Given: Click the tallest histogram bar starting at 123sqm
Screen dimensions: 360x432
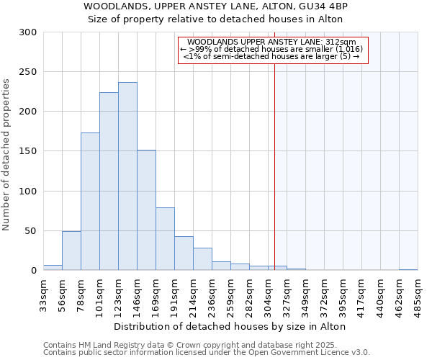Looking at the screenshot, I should pyautogui.click(x=127, y=176).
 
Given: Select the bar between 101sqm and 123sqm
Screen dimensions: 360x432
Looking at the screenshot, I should pyautogui.click(x=109, y=181).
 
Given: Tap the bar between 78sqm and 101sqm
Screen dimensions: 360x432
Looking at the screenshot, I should pyautogui.click(x=90, y=202).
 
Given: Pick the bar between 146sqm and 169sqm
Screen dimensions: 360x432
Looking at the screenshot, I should pyautogui.click(x=146, y=210).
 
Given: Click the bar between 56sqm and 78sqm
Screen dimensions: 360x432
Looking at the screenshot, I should pyautogui.click(x=71, y=251).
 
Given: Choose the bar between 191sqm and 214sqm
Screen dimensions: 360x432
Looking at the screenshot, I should pyautogui.click(x=184, y=253).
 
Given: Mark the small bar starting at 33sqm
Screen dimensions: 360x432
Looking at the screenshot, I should pyautogui.click(x=53, y=268).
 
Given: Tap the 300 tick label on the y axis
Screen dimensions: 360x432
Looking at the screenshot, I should pyautogui.click(x=28, y=32).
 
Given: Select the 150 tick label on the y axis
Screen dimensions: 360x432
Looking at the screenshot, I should pyautogui.click(x=28, y=151).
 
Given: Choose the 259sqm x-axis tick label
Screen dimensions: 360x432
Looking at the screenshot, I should pyautogui.click(x=230, y=294).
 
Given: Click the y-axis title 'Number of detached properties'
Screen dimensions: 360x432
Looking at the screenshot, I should pyautogui.click(x=7, y=156).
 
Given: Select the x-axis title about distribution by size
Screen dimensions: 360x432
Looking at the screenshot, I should pyautogui.click(x=230, y=326).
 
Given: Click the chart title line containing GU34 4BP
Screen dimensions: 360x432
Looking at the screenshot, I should pyautogui.click(x=216, y=6).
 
